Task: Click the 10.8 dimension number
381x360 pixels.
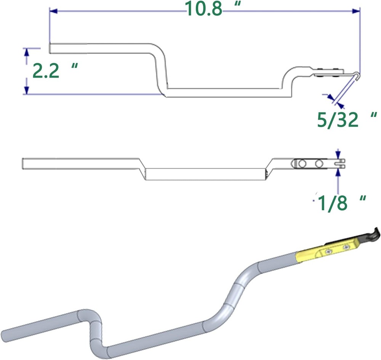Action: (x=203, y=10)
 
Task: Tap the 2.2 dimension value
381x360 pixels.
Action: (x=46, y=71)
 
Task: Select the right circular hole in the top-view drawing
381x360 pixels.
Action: (x=319, y=164)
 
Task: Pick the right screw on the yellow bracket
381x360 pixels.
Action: (x=345, y=247)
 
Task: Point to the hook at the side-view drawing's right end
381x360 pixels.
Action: (x=356, y=75)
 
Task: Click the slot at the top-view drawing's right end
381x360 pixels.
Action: (x=341, y=164)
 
